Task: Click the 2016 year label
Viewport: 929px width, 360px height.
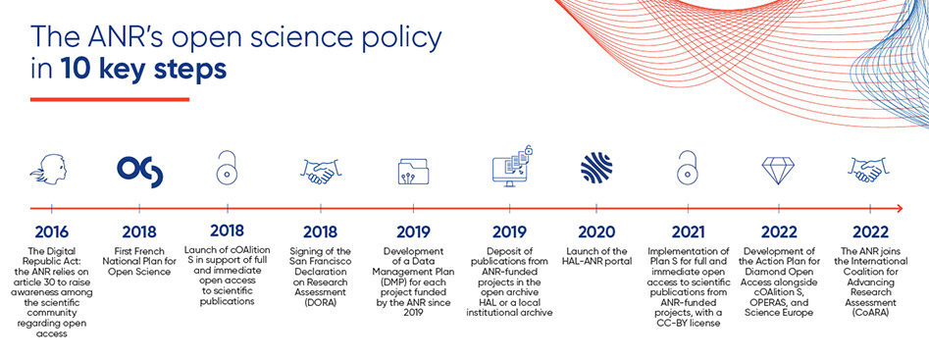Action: click(x=52, y=231)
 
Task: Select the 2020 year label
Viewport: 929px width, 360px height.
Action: click(x=597, y=231)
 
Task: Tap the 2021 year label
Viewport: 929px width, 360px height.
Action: click(x=688, y=231)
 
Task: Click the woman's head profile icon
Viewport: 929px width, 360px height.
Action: click(x=52, y=170)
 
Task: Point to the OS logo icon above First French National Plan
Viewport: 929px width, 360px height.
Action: click(x=139, y=171)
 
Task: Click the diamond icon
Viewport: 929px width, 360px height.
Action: click(x=778, y=170)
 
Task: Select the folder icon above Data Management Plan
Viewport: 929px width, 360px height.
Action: click(x=414, y=171)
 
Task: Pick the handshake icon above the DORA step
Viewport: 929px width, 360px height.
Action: click(x=320, y=171)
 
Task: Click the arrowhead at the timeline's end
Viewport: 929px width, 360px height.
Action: click(x=900, y=208)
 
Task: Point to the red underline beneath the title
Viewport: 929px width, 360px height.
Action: click(x=110, y=99)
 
